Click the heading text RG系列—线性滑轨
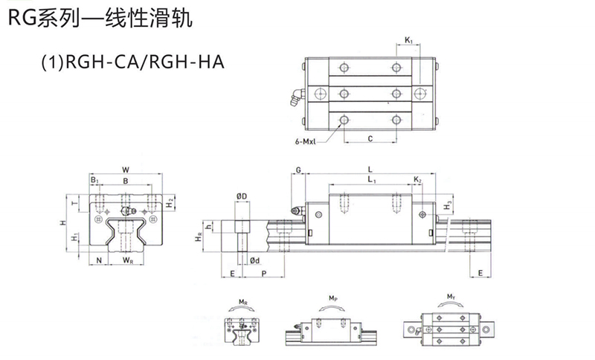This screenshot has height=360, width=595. pyautogui.click(x=100, y=18)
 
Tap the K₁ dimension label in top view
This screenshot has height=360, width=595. pyautogui.click(x=409, y=39)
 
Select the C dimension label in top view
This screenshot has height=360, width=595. pyautogui.click(x=370, y=139)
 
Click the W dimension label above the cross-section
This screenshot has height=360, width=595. pyautogui.click(x=125, y=169)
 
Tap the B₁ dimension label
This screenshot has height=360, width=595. pyautogui.click(x=94, y=181)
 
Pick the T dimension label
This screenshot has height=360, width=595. pyautogui.click(x=74, y=202)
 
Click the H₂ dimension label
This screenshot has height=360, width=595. pyautogui.click(x=170, y=202)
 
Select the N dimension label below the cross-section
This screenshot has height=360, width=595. pyautogui.click(x=99, y=260)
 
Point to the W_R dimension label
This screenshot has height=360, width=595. pyautogui.click(x=128, y=260)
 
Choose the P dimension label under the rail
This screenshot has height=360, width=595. pyautogui.click(x=265, y=274)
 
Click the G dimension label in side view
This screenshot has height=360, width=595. pyautogui.click(x=297, y=170)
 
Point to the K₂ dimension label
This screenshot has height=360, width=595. pyautogui.click(x=418, y=181)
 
